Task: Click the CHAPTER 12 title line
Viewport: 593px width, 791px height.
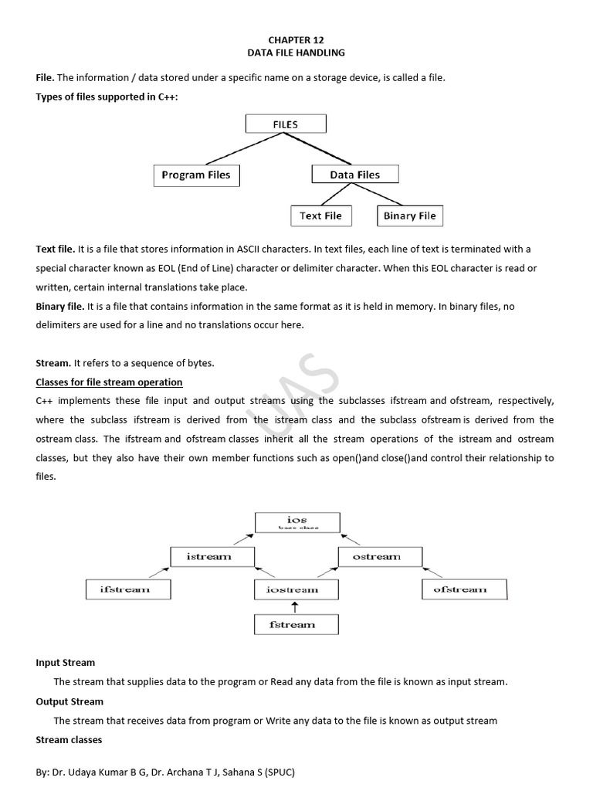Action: click(296, 38)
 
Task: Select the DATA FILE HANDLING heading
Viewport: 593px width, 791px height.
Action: click(296, 53)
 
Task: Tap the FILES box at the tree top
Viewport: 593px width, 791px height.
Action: click(286, 124)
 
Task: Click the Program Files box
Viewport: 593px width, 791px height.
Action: click(196, 175)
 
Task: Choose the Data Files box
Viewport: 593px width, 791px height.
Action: click(355, 175)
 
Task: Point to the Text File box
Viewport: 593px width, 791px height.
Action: click(320, 216)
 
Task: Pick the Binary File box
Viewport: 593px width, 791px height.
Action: click(409, 216)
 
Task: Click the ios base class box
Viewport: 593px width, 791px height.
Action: click(297, 523)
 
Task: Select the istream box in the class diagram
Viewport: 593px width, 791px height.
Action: click(208, 556)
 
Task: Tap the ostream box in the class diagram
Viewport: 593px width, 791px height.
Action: click(377, 556)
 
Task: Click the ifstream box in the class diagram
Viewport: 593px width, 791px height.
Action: click(125, 589)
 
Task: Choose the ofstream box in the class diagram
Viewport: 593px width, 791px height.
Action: click(460, 589)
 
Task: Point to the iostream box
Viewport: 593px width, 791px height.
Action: click(292, 589)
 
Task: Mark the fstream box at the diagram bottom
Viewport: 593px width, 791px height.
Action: click(293, 624)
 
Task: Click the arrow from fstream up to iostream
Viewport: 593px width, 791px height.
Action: click(293, 607)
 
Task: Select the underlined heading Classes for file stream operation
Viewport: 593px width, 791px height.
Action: click(109, 382)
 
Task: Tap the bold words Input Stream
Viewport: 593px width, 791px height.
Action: click(66, 663)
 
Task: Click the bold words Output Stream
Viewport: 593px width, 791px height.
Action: click(69, 701)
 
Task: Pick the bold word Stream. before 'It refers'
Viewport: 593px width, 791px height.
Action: click(53, 363)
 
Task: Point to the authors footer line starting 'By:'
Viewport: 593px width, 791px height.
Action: click(167, 772)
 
